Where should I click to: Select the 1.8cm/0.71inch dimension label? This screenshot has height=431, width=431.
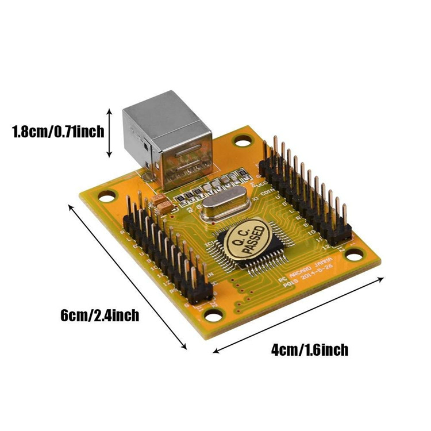click(58, 132)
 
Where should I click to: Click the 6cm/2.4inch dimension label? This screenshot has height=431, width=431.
click(99, 315)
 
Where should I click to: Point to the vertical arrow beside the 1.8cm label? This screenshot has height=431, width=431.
click(110, 132)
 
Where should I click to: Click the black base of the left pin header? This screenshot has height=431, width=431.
click(167, 259)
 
